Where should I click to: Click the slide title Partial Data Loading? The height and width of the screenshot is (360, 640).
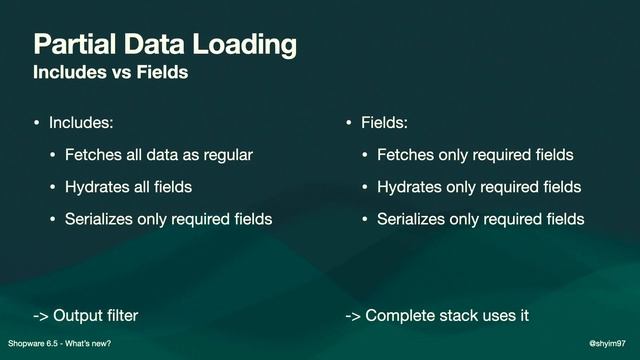[165, 45]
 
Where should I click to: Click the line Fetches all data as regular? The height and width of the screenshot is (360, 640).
[158, 155]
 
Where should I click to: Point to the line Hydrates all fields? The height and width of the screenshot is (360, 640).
[128, 186]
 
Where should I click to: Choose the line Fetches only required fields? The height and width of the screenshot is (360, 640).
[474, 155]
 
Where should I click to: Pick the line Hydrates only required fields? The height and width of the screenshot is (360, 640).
[478, 186]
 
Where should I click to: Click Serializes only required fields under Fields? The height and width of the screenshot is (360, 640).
[480, 218]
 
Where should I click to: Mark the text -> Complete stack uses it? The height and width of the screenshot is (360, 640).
[436, 316]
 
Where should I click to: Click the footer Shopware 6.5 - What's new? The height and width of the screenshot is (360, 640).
[59, 343]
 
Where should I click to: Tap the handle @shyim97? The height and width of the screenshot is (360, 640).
[611, 343]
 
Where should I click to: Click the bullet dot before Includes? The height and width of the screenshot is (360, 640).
[37, 124]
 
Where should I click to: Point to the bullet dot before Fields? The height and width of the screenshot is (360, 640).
[349, 124]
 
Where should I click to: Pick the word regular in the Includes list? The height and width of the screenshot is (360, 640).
[225, 155]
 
